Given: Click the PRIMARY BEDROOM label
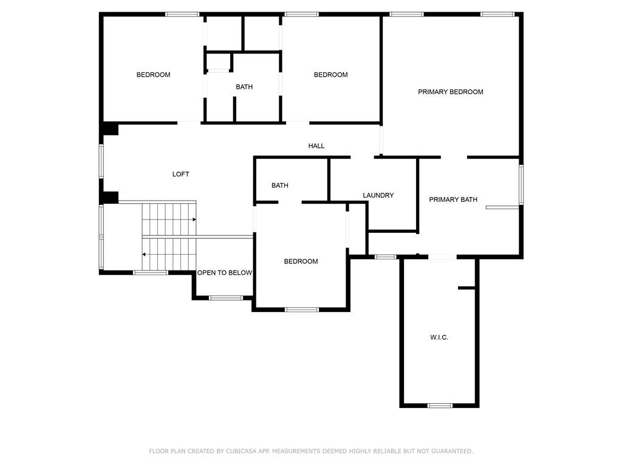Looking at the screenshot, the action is pos(451,92).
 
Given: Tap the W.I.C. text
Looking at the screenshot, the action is pos(439,337).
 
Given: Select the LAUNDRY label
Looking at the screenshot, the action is pos(378,195).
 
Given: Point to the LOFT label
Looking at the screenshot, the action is pos(181,174).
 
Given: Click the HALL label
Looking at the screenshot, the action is pos(316,146).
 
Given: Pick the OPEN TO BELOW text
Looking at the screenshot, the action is pos(225,272).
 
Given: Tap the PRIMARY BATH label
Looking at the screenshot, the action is pos(453,199).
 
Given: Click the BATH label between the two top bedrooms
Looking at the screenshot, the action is pos(244,86).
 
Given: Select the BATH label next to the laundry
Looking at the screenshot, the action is pos(280,185).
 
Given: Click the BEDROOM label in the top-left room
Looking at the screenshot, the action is pos(154,75).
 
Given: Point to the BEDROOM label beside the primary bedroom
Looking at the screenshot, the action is pos(331,75).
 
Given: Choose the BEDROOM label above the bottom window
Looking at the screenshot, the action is pos(301,261).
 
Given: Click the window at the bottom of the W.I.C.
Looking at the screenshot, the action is pos(440,406).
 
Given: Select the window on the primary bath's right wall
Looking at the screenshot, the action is pos(521,185).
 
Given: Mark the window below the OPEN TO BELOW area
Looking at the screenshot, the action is pos(226,298).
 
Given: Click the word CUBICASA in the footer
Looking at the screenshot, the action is pos(241,451).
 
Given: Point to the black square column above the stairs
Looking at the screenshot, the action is pos(111,198).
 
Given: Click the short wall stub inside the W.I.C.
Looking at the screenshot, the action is pos(466,288).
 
